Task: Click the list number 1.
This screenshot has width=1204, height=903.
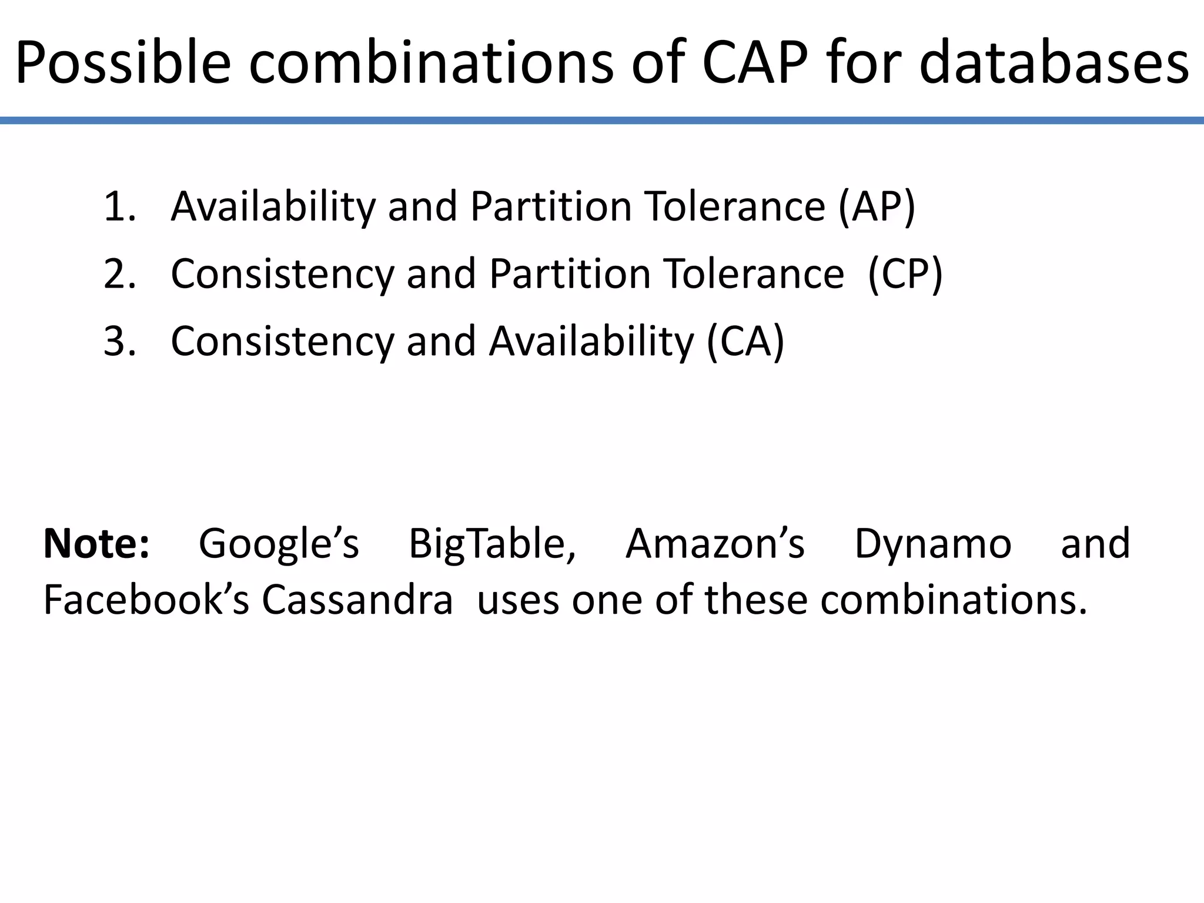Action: [x=118, y=206]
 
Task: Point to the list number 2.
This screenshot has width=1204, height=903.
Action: [x=118, y=274]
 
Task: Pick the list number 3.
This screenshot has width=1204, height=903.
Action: [x=118, y=341]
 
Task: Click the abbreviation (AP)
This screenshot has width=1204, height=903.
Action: [x=877, y=206]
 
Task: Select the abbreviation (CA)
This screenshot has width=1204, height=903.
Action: [x=745, y=341]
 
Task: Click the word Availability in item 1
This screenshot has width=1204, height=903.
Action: [x=273, y=206]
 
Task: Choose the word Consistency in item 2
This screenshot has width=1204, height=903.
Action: [x=282, y=274]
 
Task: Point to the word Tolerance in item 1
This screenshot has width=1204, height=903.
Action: [x=735, y=206]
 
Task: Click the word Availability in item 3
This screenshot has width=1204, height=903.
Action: [x=591, y=341]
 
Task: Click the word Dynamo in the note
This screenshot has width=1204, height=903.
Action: [x=932, y=543]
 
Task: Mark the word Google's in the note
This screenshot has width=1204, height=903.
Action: [x=279, y=543]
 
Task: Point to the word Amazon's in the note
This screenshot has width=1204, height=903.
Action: [x=715, y=543]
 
